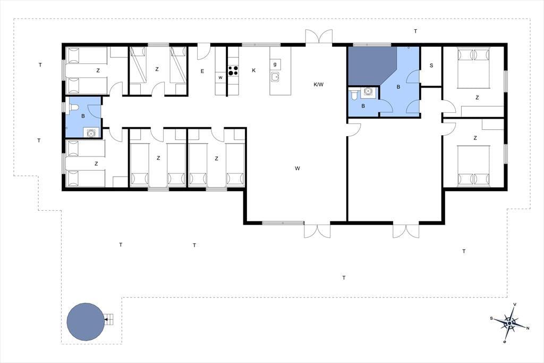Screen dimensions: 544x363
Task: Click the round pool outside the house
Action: click(86, 321)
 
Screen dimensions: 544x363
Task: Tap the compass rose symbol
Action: click(509, 323)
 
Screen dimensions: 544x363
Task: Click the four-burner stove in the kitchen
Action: click(233, 71)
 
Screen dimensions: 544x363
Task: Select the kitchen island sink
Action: click(276, 77)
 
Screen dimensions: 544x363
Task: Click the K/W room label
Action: click(319, 84)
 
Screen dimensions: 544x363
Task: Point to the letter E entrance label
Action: click(202, 71)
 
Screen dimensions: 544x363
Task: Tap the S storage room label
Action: click(431, 65)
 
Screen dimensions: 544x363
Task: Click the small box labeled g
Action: click(275, 65)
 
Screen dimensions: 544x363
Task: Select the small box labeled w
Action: click(220, 78)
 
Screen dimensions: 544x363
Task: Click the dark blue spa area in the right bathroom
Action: click(371, 66)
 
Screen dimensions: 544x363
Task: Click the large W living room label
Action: click(297, 169)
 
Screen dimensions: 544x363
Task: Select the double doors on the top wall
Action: click(319, 37)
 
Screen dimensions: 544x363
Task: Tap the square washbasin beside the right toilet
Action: click(368, 92)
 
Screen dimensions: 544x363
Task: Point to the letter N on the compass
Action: click(528, 328)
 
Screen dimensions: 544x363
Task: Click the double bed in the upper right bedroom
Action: click(473, 68)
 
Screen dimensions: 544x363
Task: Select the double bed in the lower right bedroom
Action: click(473, 166)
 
